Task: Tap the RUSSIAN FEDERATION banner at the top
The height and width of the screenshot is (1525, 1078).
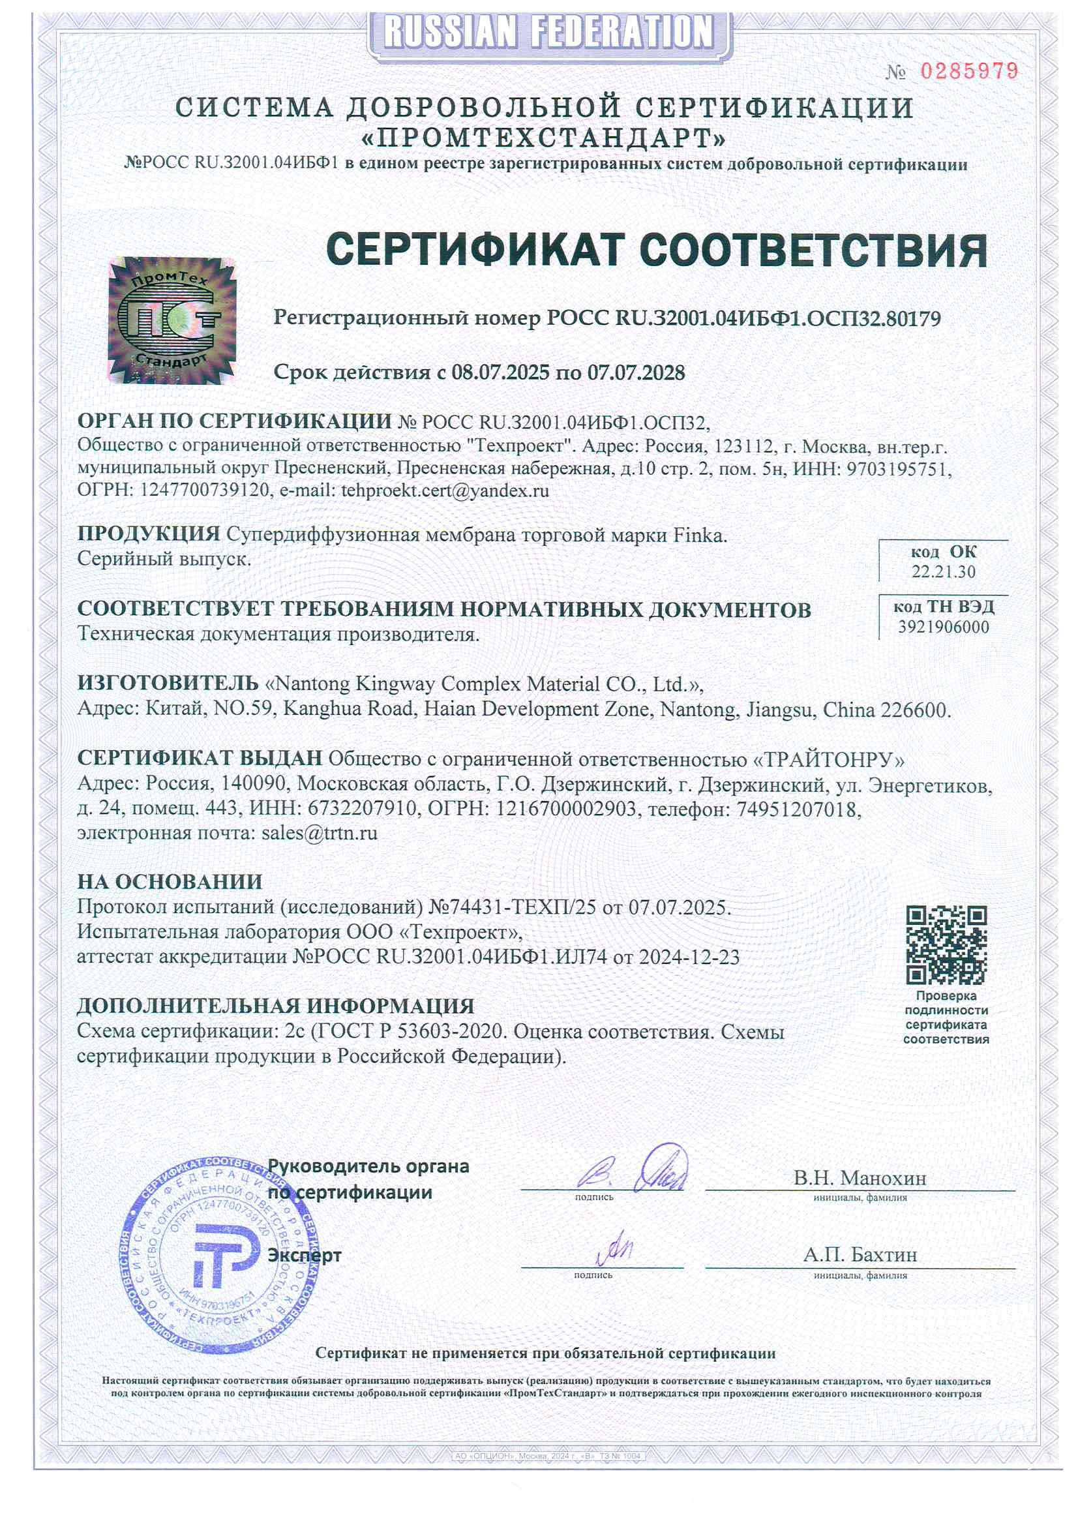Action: [549, 32]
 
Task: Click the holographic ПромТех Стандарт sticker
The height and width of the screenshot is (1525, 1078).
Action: [172, 320]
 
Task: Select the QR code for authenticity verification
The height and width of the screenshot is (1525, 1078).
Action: [946, 944]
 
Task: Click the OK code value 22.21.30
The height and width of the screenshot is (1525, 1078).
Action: [943, 572]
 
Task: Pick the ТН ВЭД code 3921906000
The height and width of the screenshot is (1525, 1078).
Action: [943, 627]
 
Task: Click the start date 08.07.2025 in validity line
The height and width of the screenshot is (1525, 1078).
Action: [500, 372]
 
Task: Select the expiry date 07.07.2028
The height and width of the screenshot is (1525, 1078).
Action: [636, 372]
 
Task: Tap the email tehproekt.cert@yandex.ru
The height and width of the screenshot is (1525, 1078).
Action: [445, 491]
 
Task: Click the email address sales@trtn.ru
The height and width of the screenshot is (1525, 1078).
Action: [320, 833]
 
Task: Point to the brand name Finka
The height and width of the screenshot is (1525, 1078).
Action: [700, 536]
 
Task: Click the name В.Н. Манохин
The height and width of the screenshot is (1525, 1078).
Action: [860, 1178]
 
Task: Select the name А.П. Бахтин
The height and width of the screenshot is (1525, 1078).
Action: [860, 1255]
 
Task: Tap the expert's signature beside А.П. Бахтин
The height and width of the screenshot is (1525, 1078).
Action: [614, 1249]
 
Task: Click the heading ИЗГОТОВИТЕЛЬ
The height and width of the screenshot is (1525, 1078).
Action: [168, 683]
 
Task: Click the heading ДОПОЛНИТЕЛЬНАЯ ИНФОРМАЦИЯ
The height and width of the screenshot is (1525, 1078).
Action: [276, 1006]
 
